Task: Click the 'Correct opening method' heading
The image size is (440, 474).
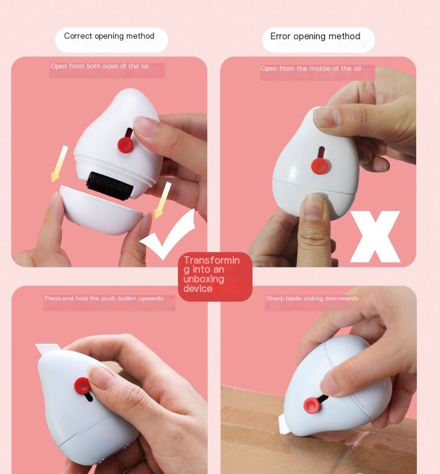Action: pyautogui.click(x=109, y=36)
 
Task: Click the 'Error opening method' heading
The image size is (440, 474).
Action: pyautogui.click(x=316, y=36)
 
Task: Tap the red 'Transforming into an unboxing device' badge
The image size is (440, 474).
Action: pyautogui.click(x=215, y=277)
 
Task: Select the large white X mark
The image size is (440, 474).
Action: pyautogui.click(x=375, y=236)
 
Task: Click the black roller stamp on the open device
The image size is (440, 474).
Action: pyautogui.click(x=110, y=186)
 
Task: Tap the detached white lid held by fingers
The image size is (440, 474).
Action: pyautogui.click(x=101, y=211)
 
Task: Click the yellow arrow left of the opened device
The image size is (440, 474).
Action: pyautogui.click(x=60, y=164)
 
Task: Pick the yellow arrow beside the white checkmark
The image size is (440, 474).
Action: pyautogui.click(x=163, y=200)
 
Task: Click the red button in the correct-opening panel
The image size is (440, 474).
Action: pyautogui.click(x=126, y=145)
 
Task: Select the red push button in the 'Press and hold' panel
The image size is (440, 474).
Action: pyautogui.click(x=82, y=386)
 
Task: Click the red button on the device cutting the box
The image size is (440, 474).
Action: pyautogui.click(x=312, y=405)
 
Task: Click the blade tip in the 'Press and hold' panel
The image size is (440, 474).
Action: pyautogui.click(x=36, y=344)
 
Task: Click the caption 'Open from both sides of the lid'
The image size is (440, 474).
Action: pyautogui.click(x=99, y=66)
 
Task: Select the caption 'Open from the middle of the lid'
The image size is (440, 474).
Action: pyautogui.click(x=311, y=68)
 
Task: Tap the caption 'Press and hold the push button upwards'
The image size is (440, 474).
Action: pyautogui.click(x=104, y=299)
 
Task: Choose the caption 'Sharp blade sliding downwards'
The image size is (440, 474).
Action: pyautogui.click(x=312, y=299)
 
